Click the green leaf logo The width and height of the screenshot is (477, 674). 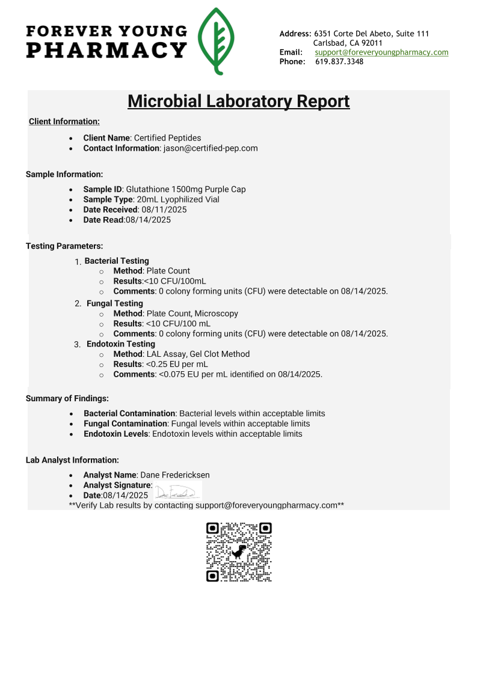click(217, 41)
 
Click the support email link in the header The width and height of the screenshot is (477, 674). click(381, 52)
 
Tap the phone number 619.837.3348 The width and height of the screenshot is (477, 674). click(339, 61)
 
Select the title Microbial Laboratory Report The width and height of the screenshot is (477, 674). click(238, 101)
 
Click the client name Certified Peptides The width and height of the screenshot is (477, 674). click(167, 138)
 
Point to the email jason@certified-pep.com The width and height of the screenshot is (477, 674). click(211, 148)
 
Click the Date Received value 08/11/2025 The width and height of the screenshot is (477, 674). click(164, 210)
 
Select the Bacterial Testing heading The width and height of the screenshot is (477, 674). click(117, 261)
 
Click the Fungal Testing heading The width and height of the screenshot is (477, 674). click(115, 303)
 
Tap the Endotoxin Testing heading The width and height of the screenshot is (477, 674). click(121, 344)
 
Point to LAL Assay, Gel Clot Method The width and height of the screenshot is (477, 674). click(198, 354)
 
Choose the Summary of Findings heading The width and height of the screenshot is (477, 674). click(67, 398)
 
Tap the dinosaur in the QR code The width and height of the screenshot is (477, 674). click(239, 551)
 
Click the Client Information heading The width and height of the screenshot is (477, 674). click(64, 121)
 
